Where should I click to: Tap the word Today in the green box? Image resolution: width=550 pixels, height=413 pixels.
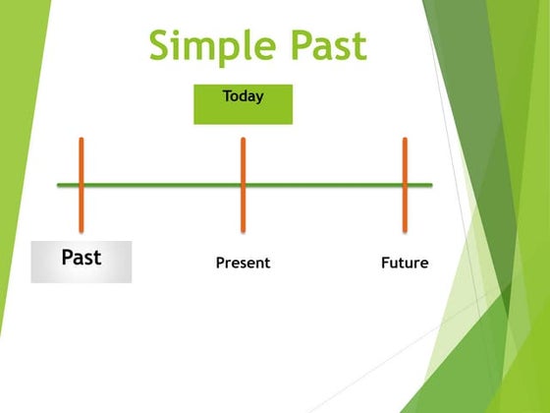[243, 96]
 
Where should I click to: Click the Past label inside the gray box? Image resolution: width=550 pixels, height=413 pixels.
[82, 259]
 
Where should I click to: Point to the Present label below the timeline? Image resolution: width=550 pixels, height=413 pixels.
[243, 264]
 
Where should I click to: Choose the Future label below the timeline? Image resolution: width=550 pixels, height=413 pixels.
[405, 264]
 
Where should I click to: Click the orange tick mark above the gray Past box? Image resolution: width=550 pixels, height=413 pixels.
[82, 157]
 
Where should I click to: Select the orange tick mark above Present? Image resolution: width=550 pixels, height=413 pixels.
[243, 157]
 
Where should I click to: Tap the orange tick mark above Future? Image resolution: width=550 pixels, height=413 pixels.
[405, 157]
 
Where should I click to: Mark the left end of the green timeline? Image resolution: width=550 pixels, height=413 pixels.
[59, 185]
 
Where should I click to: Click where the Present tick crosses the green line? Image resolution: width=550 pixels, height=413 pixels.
[243, 185]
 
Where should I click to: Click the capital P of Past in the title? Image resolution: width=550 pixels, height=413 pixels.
[286, 46]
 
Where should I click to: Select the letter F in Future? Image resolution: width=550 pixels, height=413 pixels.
[385, 264]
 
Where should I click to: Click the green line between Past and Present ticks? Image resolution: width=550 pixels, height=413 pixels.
[162, 185]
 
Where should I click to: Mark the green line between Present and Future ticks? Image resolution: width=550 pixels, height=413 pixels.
[324, 185]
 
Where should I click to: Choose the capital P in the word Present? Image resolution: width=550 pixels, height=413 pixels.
[220, 264]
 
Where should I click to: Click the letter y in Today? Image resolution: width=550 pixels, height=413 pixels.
[260, 98]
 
